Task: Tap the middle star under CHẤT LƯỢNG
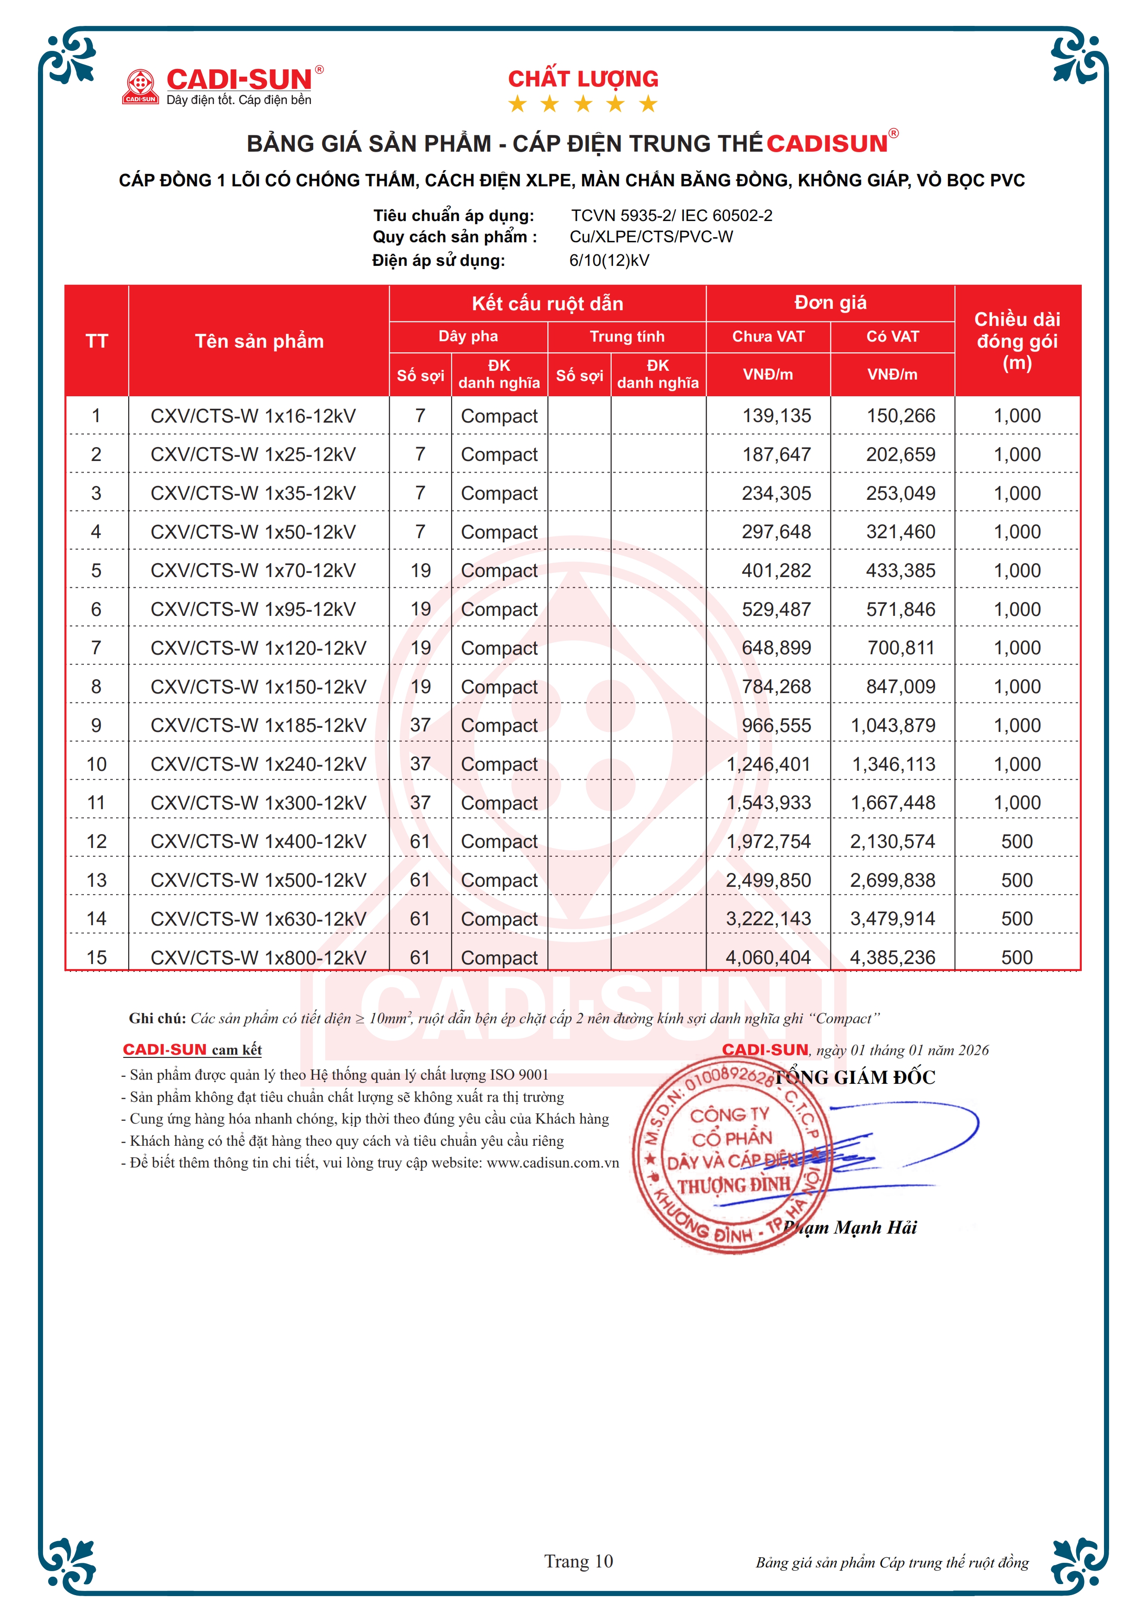[x=583, y=104]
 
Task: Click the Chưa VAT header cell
[x=768, y=336]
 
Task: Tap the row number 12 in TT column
[x=96, y=842]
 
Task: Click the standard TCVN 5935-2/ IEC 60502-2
[x=671, y=215]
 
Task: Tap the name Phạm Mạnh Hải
[x=850, y=1227]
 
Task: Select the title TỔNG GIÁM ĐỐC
[x=855, y=1077]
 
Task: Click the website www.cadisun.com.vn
[x=552, y=1163]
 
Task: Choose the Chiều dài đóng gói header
[x=1017, y=341]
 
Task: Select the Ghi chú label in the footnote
[x=157, y=1018]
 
